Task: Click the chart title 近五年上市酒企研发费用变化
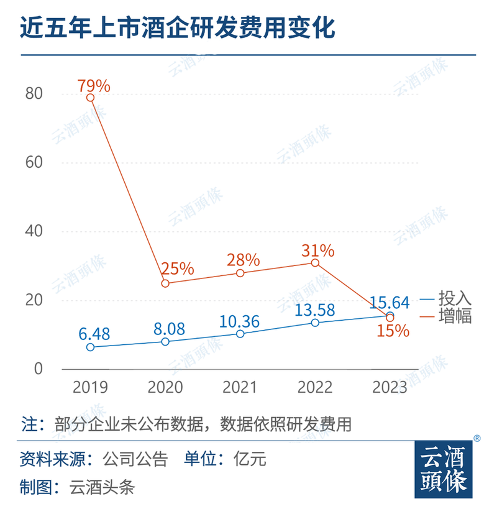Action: (178, 28)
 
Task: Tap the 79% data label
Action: (94, 85)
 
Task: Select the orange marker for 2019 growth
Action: (91, 98)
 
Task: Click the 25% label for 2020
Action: (178, 270)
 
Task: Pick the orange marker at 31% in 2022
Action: (315, 263)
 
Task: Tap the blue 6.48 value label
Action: (94, 333)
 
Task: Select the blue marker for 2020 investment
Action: (165, 342)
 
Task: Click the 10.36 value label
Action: (239, 321)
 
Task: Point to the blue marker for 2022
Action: (315, 323)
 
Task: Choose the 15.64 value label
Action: (390, 303)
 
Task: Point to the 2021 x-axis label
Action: (240, 387)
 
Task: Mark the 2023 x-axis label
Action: (390, 387)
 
